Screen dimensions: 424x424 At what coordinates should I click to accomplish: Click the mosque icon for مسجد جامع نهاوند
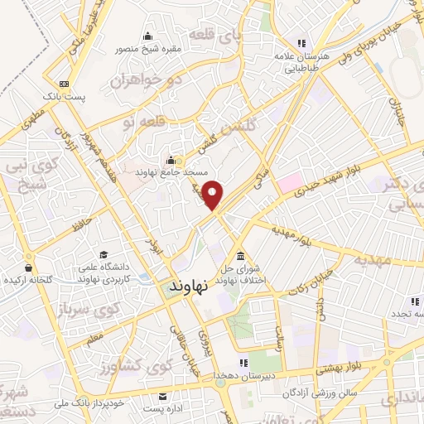[x=171, y=159]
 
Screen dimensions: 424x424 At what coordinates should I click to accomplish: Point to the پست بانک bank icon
[x=64, y=84]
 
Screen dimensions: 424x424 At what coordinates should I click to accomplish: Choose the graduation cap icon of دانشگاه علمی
[x=104, y=254]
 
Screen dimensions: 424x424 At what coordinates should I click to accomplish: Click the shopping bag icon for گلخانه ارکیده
[x=28, y=267]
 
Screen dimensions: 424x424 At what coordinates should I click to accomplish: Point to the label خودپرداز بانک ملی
[x=83, y=402]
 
